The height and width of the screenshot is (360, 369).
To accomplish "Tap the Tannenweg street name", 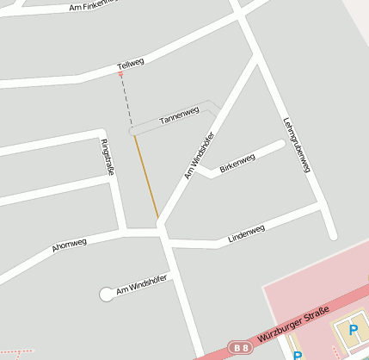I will tap(179, 115).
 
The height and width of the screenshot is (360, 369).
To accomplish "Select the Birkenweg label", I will tap(237, 163).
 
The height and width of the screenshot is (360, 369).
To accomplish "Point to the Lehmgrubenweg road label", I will tap(295, 145).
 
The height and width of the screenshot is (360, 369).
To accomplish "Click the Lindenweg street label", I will tap(246, 233).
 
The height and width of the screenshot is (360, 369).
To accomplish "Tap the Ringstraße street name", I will tap(108, 157).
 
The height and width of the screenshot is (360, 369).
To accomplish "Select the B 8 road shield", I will tap(241, 346).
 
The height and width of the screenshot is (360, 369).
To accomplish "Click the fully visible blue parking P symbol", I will tap(353, 329).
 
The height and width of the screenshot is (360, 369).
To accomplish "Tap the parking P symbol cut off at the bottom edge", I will tap(298, 355).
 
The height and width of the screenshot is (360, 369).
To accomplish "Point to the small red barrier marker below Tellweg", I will tap(120, 75).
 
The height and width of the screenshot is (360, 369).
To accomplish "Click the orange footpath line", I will tap(146, 177).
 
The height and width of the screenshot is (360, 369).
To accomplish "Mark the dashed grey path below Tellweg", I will tap(126, 103).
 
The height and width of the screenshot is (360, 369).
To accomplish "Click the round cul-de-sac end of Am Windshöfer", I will tap(107, 294).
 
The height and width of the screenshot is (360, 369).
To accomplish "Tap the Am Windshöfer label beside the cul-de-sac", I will tap(141, 282).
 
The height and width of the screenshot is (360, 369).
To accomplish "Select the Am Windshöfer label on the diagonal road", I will tap(199, 153).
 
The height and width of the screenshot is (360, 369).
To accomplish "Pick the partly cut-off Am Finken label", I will tap(93, 6).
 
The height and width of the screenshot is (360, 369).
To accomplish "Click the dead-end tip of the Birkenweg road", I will tap(281, 144).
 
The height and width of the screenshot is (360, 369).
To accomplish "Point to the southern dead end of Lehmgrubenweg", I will tap(332, 235).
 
